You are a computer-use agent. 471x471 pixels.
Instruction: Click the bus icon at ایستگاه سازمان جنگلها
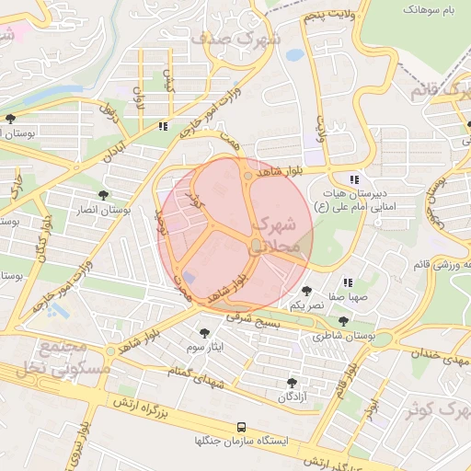[x=241, y=427]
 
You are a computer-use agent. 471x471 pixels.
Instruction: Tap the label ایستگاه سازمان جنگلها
[x=241, y=442]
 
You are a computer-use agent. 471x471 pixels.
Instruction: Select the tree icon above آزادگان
[x=293, y=382]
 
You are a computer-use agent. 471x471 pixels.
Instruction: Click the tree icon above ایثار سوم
[x=204, y=332]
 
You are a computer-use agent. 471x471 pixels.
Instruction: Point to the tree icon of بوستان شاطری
[x=343, y=322]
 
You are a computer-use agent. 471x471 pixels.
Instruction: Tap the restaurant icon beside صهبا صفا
[x=348, y=283]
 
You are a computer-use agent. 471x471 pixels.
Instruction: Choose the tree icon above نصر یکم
[x=306, y=291]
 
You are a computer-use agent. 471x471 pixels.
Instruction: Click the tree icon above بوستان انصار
[x=102, y=195]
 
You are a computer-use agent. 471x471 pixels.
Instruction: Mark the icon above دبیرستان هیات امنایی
[x=354, y=179]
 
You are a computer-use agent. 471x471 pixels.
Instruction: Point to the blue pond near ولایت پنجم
[x=294, y=55]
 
